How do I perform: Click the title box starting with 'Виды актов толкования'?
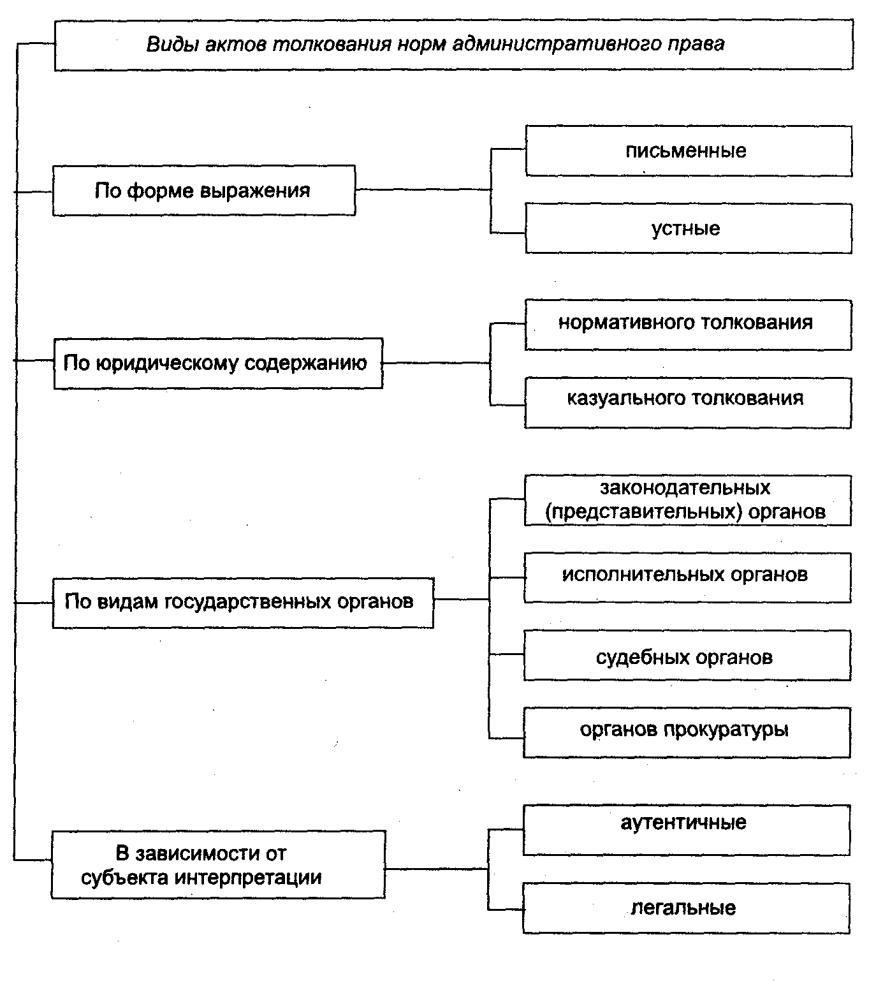[453, 45]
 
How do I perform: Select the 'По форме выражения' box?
[203, 191]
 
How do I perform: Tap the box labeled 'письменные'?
[688, 151]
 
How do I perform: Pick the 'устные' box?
[688, 228]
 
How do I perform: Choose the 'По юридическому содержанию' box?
[218, 364]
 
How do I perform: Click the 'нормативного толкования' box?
[687, 324]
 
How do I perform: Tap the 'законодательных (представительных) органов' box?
[687, 500]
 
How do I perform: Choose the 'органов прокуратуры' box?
[687, 732]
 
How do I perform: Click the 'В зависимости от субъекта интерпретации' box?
[218, 864]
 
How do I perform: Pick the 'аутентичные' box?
[686, 829]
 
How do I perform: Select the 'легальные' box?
[686, 908]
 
